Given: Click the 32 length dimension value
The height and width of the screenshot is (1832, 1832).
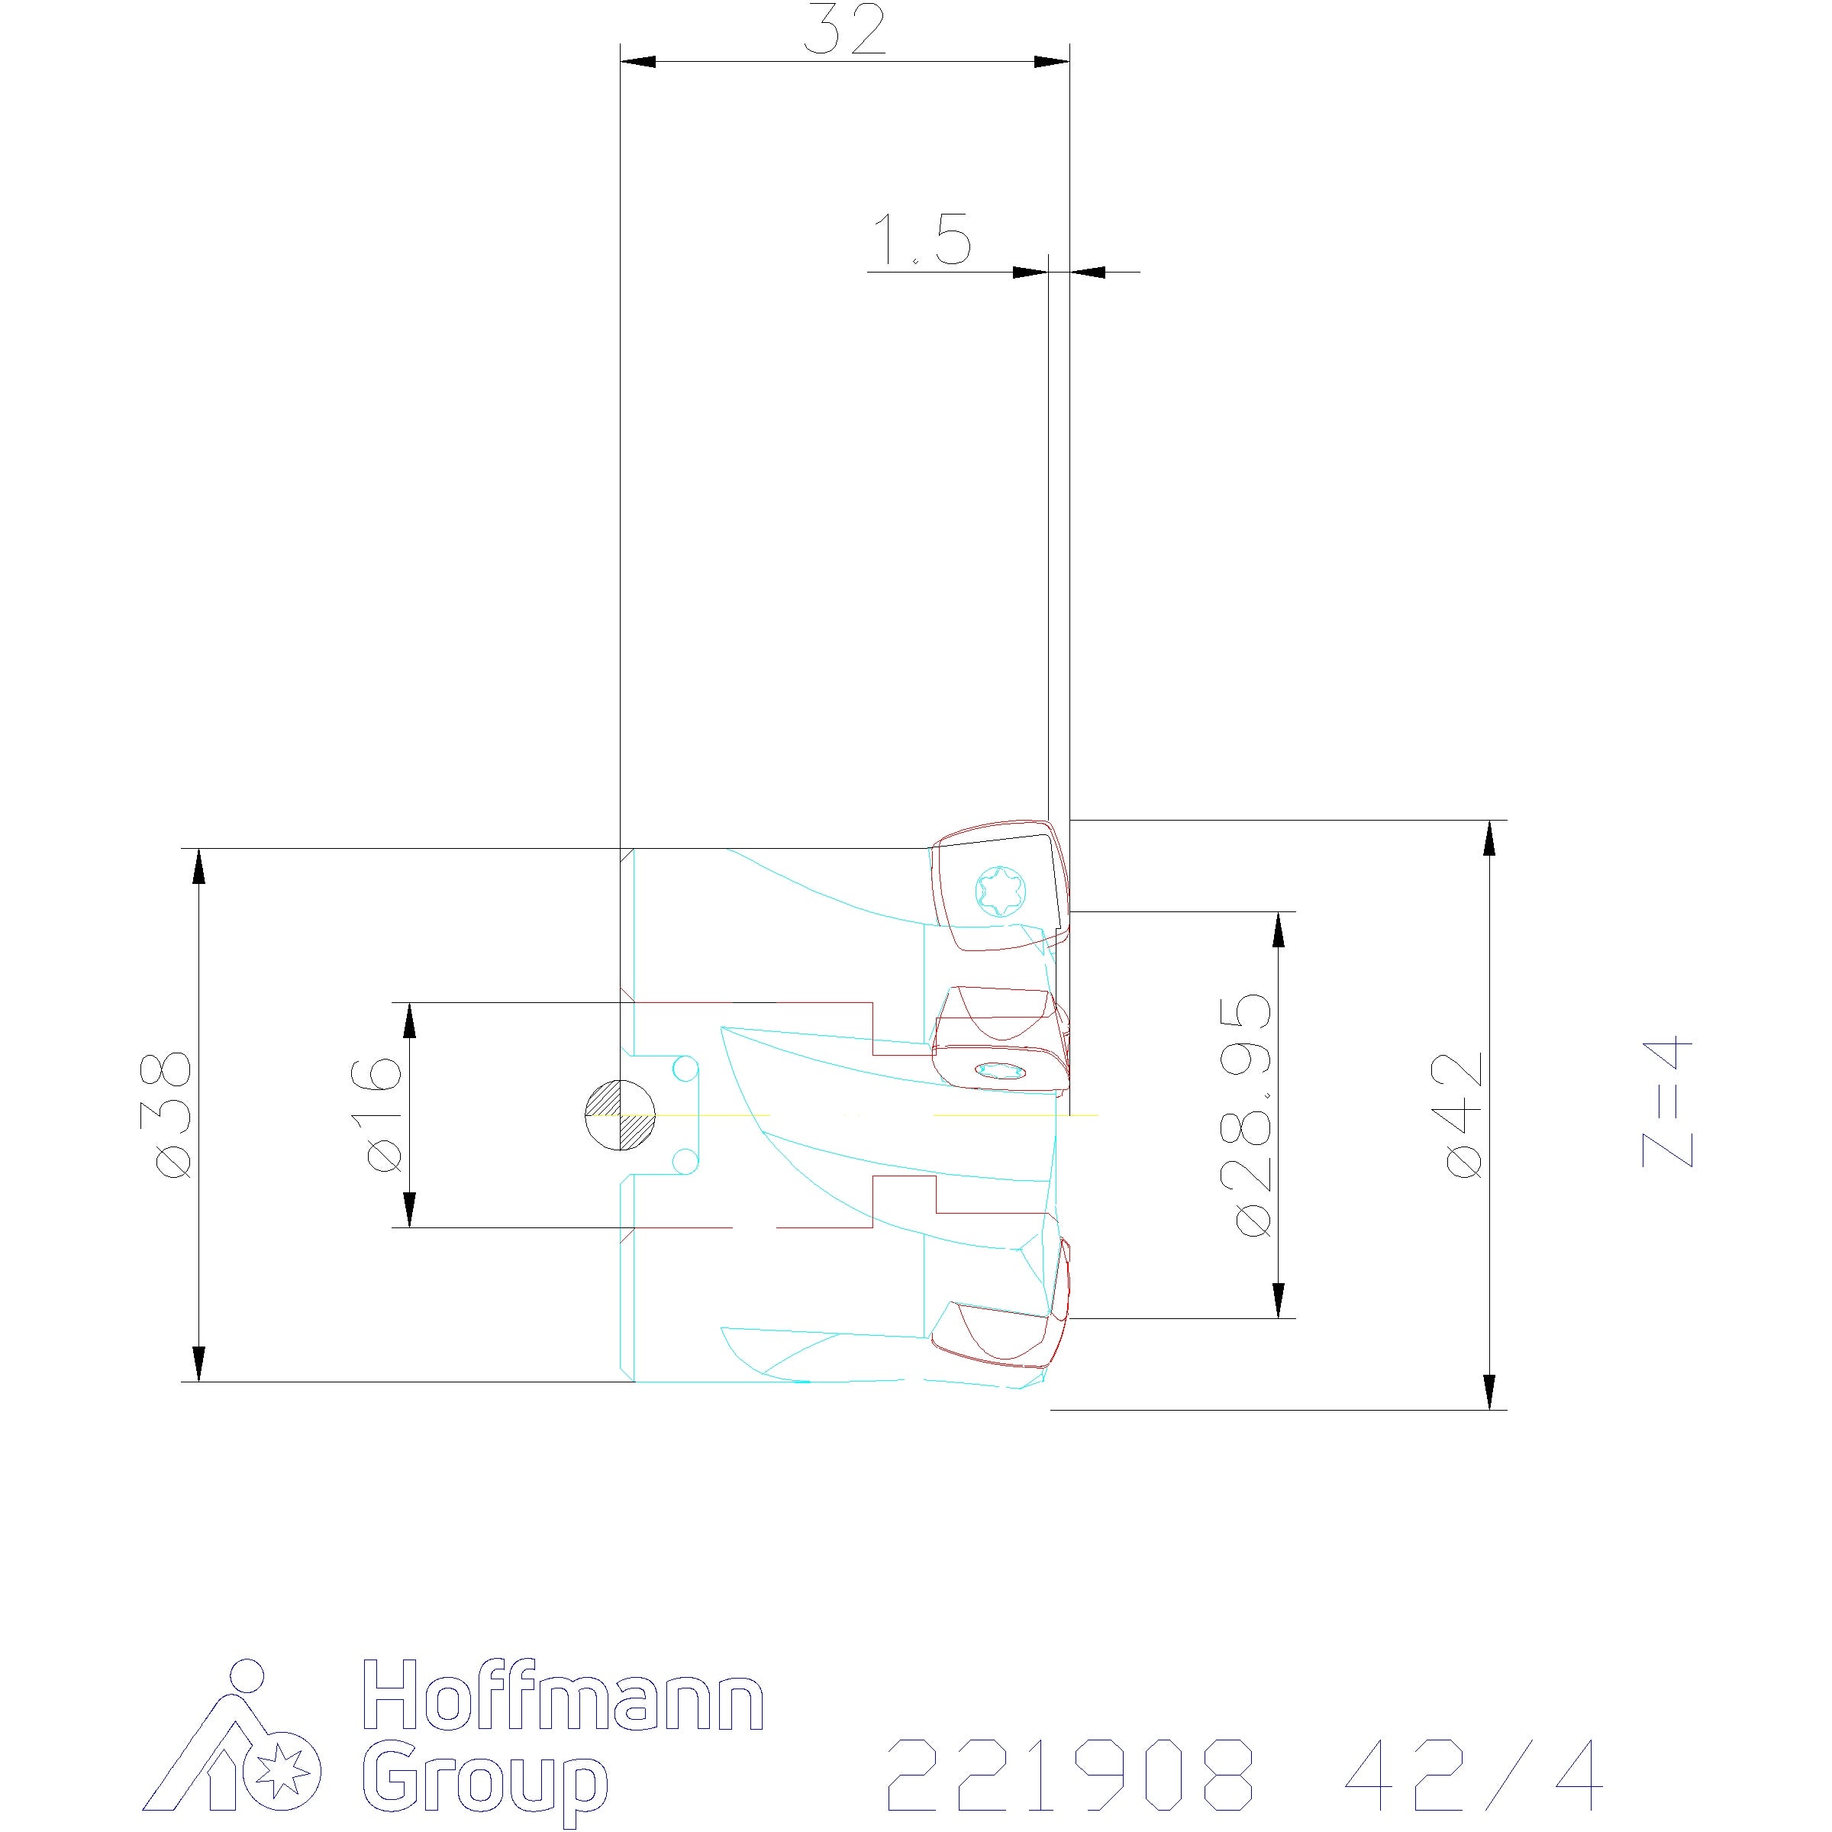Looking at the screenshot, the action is click(x=845, y=31).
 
